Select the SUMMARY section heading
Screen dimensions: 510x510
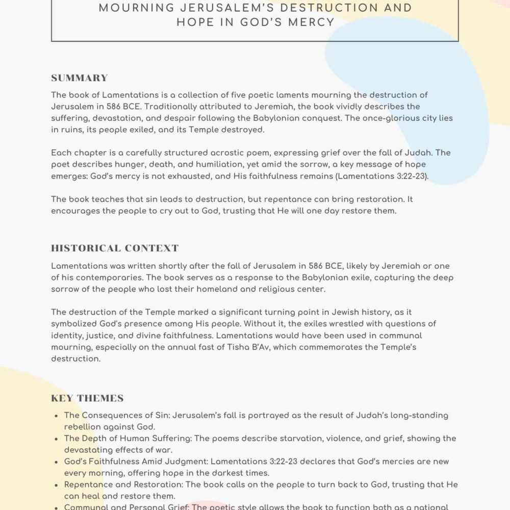point(80,78)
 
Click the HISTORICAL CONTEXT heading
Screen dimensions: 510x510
point(115,248)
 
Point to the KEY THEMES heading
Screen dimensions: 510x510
point(87,398)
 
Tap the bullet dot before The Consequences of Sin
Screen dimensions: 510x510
point(56,416)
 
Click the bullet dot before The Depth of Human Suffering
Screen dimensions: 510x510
point(56,439)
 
